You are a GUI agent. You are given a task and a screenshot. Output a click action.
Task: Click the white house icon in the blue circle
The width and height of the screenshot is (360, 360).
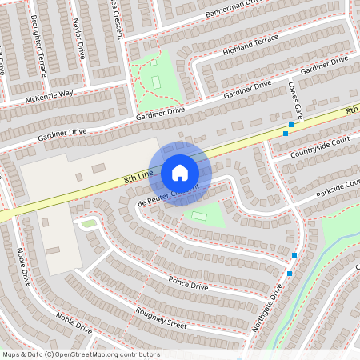[180, 172]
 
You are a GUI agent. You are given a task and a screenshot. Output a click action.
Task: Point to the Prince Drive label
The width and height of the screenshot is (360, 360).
[188, 282]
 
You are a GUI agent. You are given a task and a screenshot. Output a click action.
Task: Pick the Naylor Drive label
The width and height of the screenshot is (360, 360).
[78, 40]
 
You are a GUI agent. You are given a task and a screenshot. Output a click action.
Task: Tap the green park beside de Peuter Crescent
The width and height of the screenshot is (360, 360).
[204, 214]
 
